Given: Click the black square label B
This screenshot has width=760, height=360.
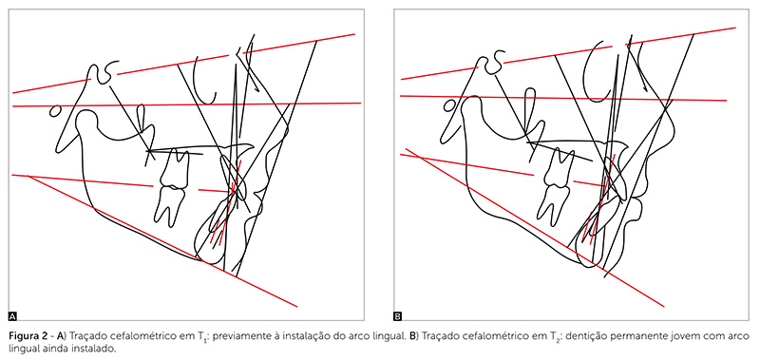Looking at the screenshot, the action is click(x=398, y=317).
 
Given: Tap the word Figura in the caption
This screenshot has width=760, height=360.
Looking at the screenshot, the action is click(x=23, y=336).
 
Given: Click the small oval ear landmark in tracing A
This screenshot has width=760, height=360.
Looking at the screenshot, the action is click(x=56, y=111).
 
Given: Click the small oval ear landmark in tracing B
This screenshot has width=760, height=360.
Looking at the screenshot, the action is click(x=449, y=105).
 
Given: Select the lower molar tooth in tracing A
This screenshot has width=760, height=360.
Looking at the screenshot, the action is click(x=168, y=205).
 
